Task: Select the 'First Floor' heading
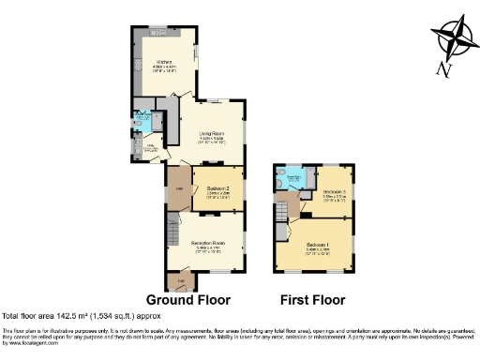click(312, 300)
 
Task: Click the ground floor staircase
click(172, 230)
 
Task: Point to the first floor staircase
click(281, 229)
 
